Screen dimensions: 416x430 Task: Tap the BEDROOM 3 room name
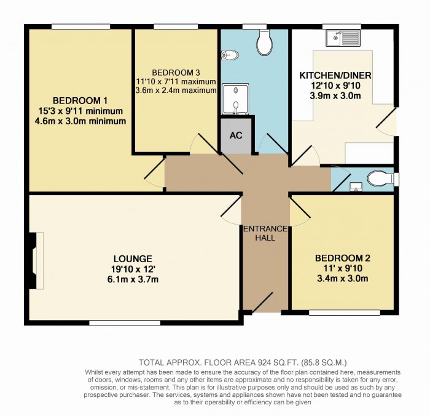[x=176, y=71]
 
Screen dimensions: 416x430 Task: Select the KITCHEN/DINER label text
[x=335, y=76]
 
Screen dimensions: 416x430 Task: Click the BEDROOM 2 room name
[x=343, y=258]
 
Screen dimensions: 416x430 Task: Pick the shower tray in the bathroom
[x=235, y=100]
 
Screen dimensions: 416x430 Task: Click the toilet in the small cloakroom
[x=378, y=178]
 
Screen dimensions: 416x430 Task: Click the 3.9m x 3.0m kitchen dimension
[x=335, y=97]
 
